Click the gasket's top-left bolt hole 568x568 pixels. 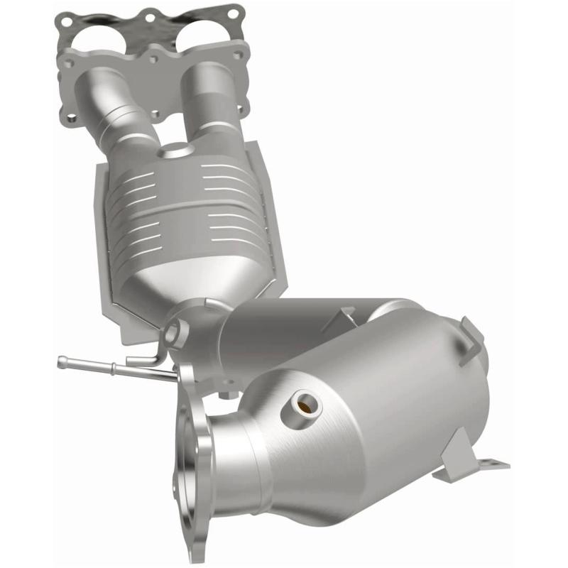click(66, 22)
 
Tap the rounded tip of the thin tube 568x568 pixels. click(62, 361)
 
